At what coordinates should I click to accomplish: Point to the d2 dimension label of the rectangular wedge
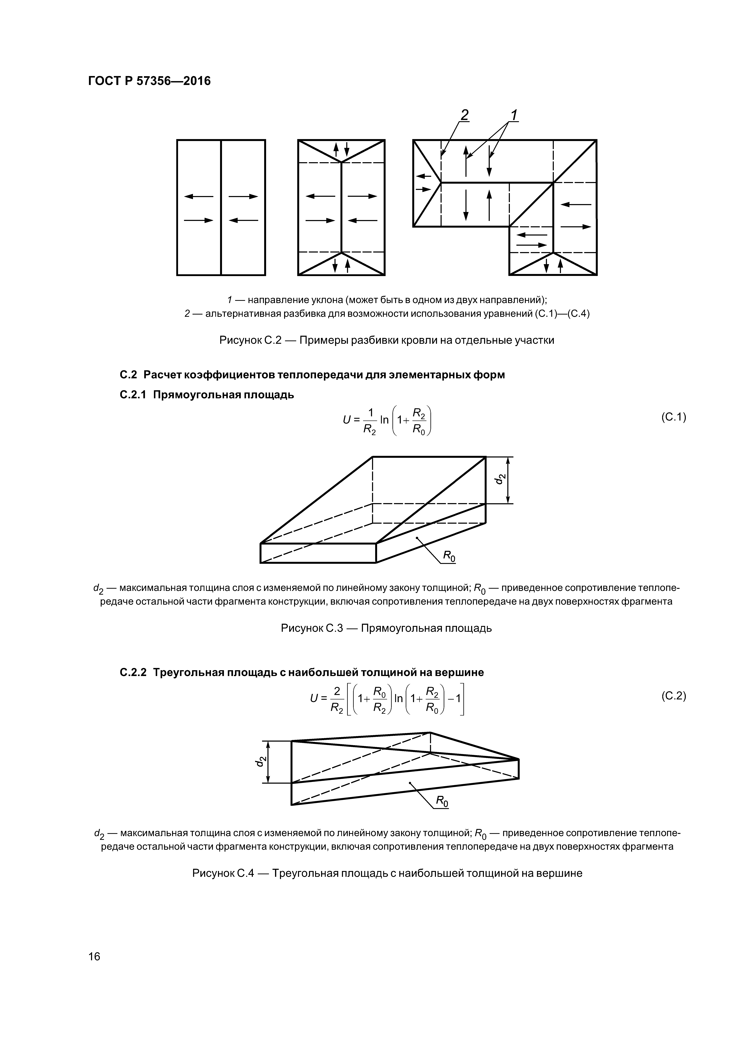click(500, 479)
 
